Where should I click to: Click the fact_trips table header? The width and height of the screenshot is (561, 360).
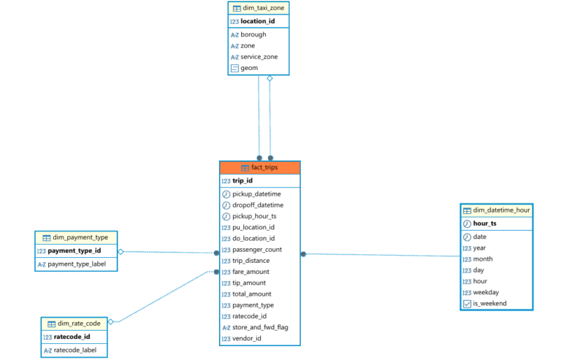[260, 168]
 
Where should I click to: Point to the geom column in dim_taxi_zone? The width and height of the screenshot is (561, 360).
[249, 68]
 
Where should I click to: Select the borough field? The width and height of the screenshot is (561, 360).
[253, 34]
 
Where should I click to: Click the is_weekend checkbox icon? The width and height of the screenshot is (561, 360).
[467, 304]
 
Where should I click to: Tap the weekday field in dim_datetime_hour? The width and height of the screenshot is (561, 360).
[486, 292]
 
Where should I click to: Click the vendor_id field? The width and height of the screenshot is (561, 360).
[248, 339]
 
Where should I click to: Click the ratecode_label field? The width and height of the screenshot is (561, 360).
[75, 351]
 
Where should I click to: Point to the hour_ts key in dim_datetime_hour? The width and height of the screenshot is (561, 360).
[484, 223]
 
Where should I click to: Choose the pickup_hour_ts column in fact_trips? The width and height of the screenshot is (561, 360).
[253, 216]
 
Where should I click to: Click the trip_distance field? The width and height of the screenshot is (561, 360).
[251, 261]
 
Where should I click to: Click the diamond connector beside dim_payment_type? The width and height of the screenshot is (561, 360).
[121, 251]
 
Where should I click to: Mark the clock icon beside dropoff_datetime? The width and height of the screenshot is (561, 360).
[226, 205]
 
